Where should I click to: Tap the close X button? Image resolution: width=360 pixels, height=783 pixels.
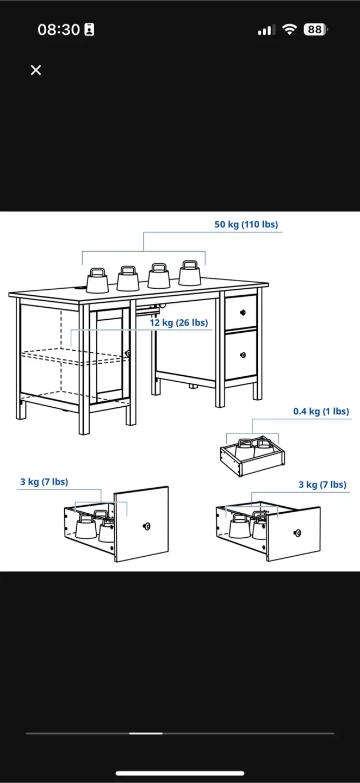click(36, 70)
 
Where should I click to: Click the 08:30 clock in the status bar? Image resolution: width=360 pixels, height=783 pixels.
click(59, 30)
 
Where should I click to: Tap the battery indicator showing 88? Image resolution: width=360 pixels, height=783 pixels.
click(315, 30)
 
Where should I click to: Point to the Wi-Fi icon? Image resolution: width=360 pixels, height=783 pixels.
click(290, 30)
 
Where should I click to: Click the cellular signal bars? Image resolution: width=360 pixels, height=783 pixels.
click(265, 30)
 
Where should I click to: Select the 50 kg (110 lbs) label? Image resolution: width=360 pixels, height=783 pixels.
click(246, 225)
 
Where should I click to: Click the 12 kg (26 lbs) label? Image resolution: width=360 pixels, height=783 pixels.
click(179, 323)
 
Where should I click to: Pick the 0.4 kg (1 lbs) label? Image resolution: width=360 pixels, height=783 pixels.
click(321, 412)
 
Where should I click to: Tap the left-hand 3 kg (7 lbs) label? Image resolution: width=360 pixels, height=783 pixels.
click(44, 482)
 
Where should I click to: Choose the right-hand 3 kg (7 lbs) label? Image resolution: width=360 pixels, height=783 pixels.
click(322, 484)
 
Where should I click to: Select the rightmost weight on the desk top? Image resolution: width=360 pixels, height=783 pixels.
click(190, 274)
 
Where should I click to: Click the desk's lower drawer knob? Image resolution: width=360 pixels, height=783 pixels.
click(243, 355)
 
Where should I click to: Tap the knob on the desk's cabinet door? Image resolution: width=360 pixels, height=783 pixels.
click(128, 353)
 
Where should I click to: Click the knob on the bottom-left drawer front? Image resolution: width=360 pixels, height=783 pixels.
click(146, 526)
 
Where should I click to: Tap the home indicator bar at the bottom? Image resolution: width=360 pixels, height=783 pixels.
click(179, 773)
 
